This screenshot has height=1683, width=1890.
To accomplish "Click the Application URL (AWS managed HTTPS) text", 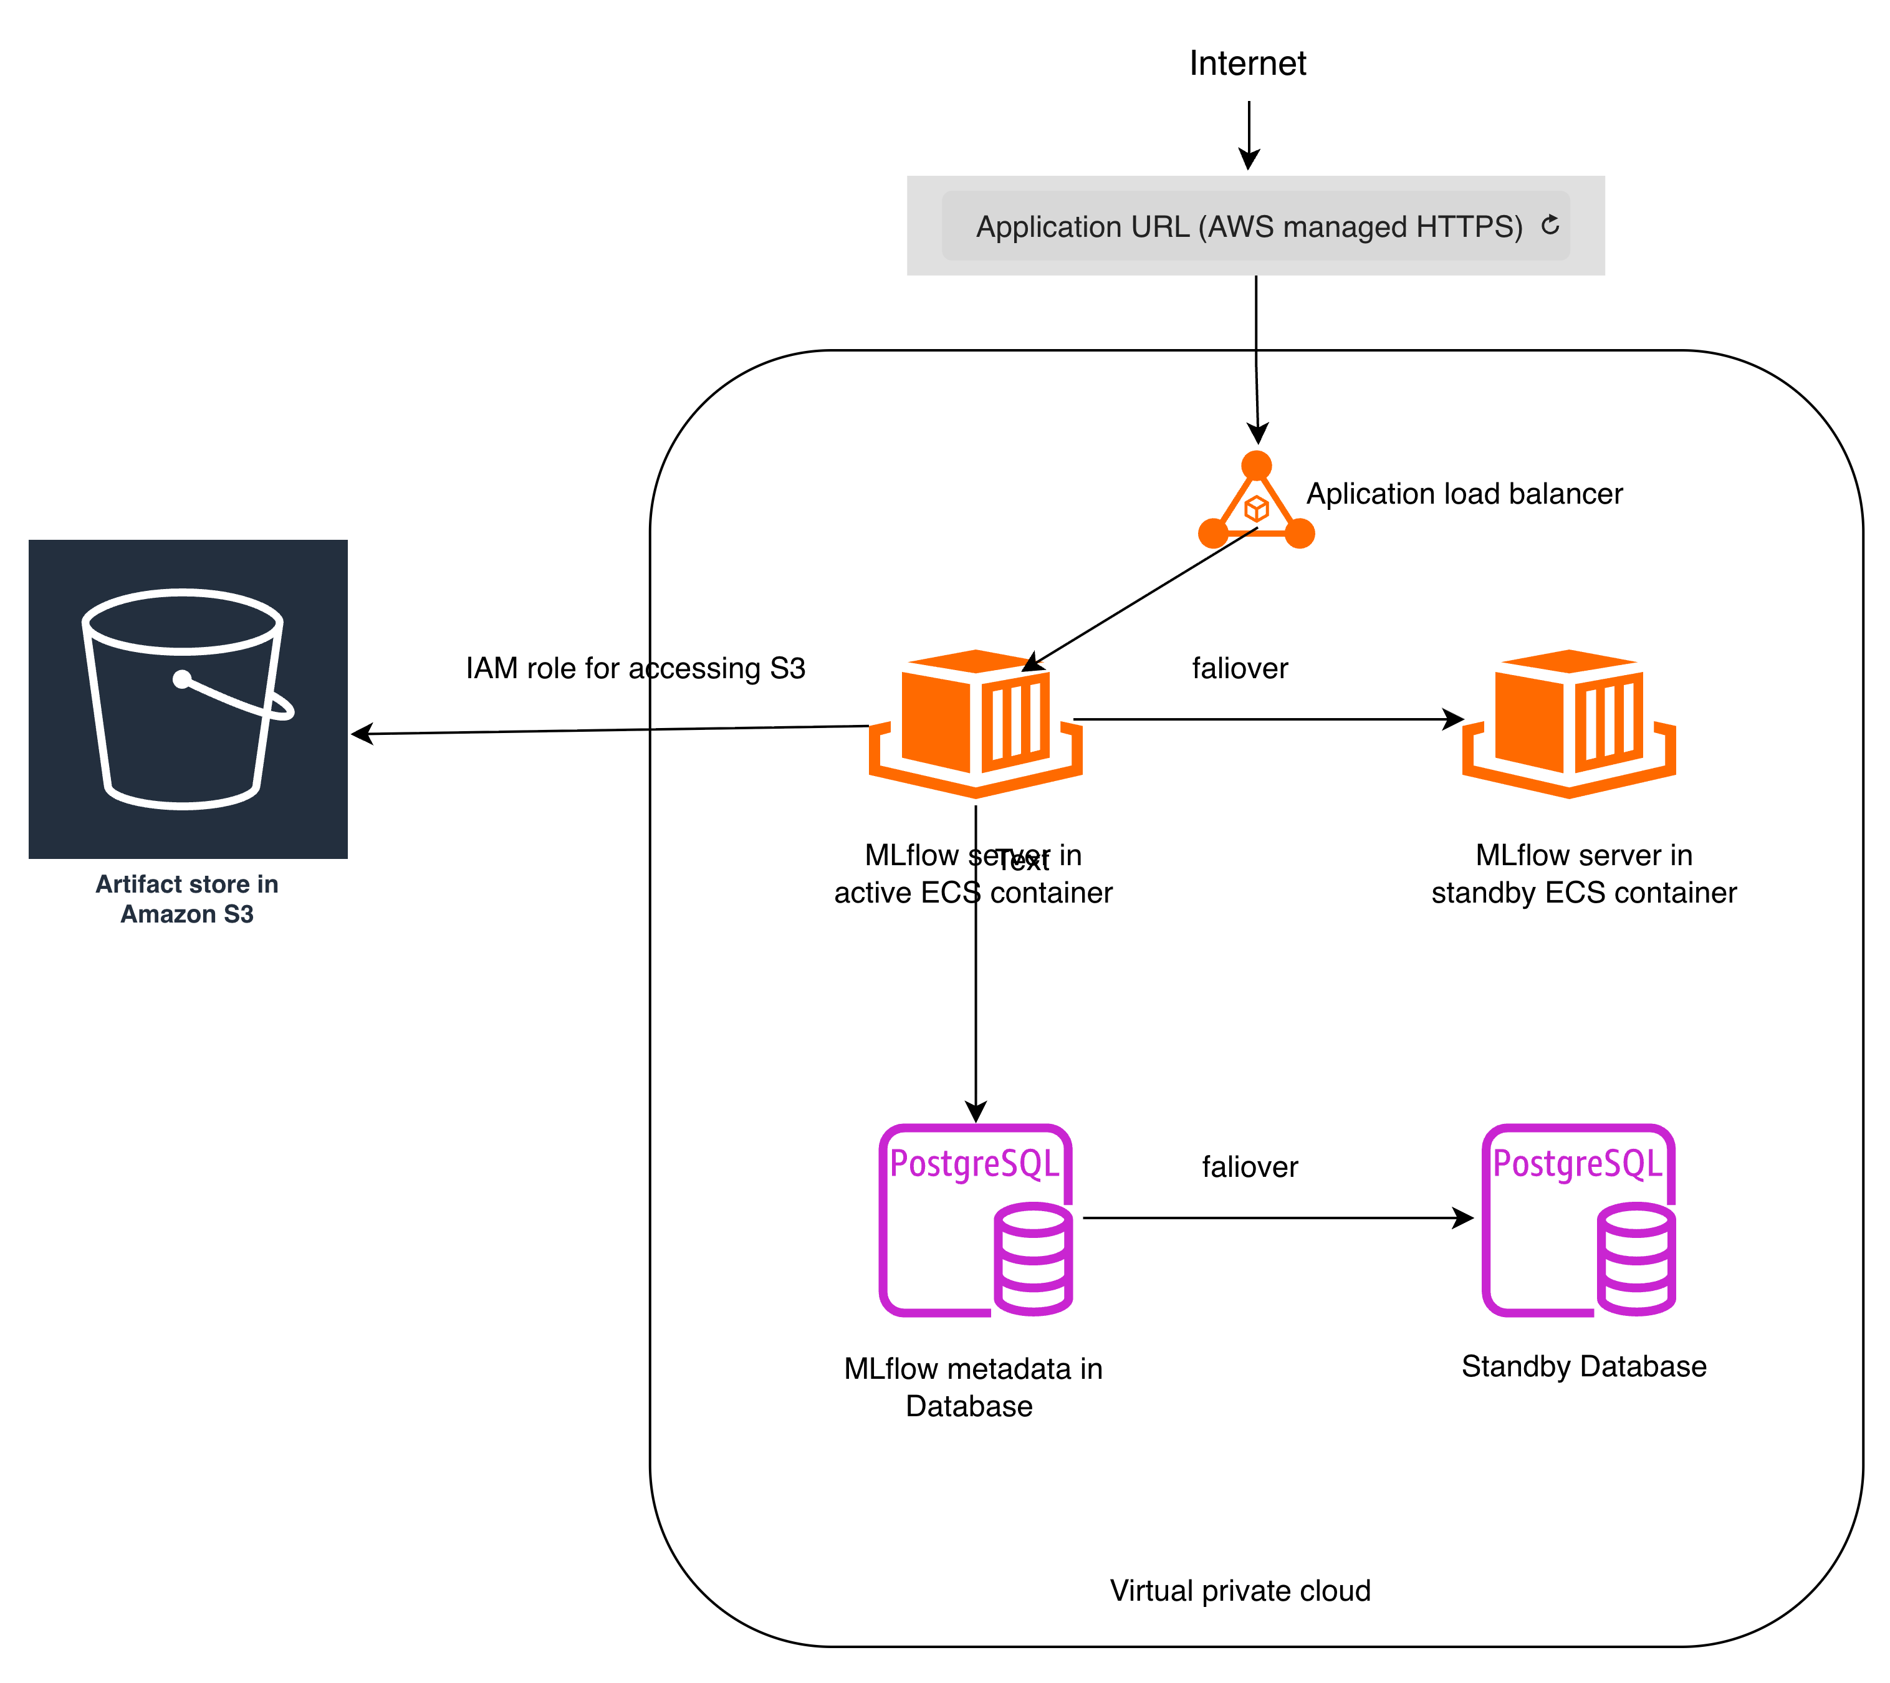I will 1249,226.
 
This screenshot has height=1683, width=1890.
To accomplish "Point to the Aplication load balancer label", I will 1464,494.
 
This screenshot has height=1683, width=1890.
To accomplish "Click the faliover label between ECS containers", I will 1239,668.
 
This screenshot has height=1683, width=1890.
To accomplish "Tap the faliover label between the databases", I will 1249,1167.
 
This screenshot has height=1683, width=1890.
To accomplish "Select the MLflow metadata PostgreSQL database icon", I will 976,1220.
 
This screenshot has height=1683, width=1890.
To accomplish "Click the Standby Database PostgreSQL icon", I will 1578,1220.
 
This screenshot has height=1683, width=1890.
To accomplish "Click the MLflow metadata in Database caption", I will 973,1387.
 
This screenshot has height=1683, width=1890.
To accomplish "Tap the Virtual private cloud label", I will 1240,1591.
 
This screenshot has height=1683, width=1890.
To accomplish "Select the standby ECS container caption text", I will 1583,874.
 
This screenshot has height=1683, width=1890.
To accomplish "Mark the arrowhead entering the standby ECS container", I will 1454,719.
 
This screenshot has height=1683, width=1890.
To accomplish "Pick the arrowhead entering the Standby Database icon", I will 1464,1218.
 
